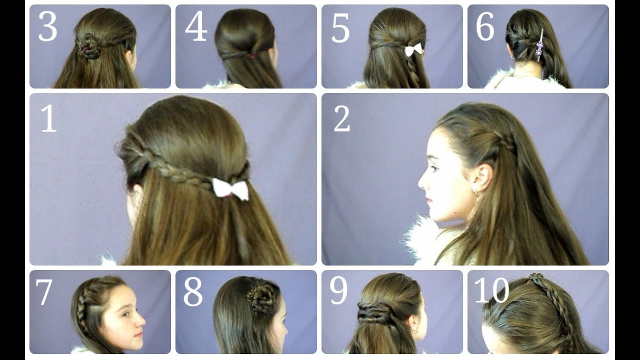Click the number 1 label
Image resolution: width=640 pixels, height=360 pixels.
point(48,118)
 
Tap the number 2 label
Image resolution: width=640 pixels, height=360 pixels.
point(341,118)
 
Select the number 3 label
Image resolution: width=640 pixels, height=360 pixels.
point(47,27)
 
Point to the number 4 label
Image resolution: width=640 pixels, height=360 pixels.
point(196,27)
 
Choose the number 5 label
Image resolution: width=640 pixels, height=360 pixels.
point(340,28)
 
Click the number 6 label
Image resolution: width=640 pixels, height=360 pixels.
point(485,26)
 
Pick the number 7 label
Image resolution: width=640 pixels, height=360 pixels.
point(44,292)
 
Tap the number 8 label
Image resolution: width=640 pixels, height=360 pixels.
point(193,292)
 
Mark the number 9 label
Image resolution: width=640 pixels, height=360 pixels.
point(339,291)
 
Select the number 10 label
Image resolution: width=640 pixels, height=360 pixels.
point(491,290)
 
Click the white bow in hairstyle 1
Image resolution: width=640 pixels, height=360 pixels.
point(230,189)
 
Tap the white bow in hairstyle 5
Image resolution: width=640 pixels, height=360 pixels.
point(413,49)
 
